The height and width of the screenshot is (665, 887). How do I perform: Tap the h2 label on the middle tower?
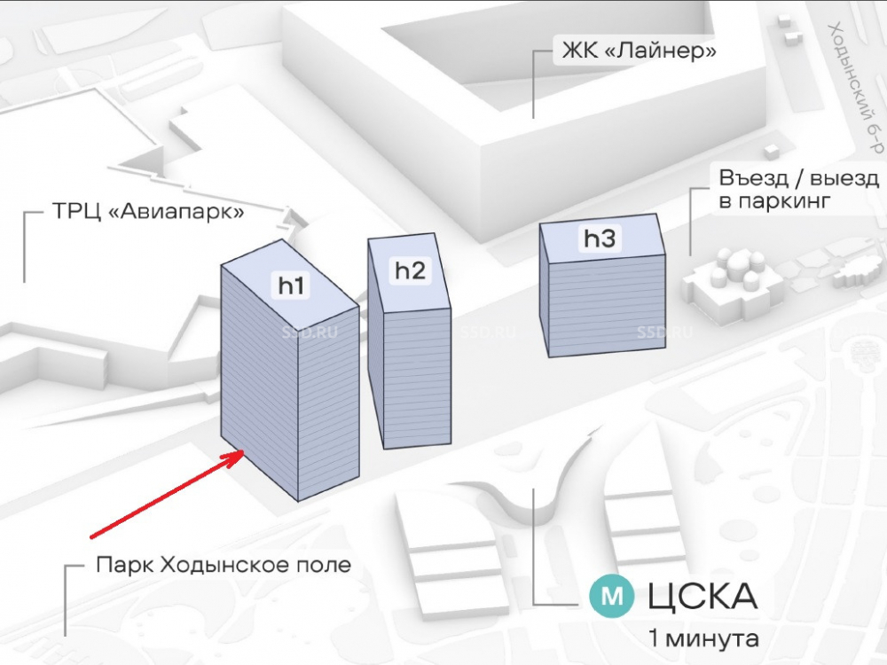pos(411,270)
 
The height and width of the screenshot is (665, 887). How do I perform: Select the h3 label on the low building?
pos(599,238)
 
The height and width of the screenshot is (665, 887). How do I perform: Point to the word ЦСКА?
pos(703,596)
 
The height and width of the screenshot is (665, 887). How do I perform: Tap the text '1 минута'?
pos(703,638)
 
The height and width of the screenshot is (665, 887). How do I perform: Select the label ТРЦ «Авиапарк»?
pos(135,215)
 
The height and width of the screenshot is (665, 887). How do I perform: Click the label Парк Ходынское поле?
pos(224,565)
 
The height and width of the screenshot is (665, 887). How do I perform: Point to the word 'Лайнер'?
pos(666,51)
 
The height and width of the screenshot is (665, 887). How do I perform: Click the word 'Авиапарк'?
pos(175,215)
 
